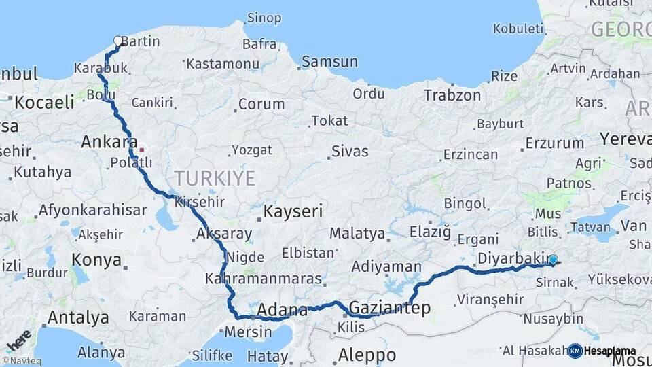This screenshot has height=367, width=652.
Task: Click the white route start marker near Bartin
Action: [x=118, y=41]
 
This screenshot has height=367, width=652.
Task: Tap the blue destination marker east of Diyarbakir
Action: [x=553, y=260]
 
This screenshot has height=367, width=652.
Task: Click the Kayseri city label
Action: [x=293, y=211]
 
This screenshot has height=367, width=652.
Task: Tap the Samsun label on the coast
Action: [x=329, y=62]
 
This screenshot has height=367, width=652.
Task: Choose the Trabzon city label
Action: [x=452, y=96]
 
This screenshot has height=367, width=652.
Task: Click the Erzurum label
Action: [x=554, y=143]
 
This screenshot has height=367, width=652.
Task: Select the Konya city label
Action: [x=97, y=260]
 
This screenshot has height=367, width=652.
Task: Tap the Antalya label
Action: [x=78, y=317]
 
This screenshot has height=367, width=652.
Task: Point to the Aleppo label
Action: [x=367, y=355]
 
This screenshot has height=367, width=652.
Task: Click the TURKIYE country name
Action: [x=215, y=178]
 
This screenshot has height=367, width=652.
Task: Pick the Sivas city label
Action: [x=350, y=151]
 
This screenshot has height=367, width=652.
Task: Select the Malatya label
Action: [x=357, y=234]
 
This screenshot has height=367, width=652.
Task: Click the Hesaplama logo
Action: [x=602, y=351]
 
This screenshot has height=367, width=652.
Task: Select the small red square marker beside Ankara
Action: [x=141, y=150]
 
